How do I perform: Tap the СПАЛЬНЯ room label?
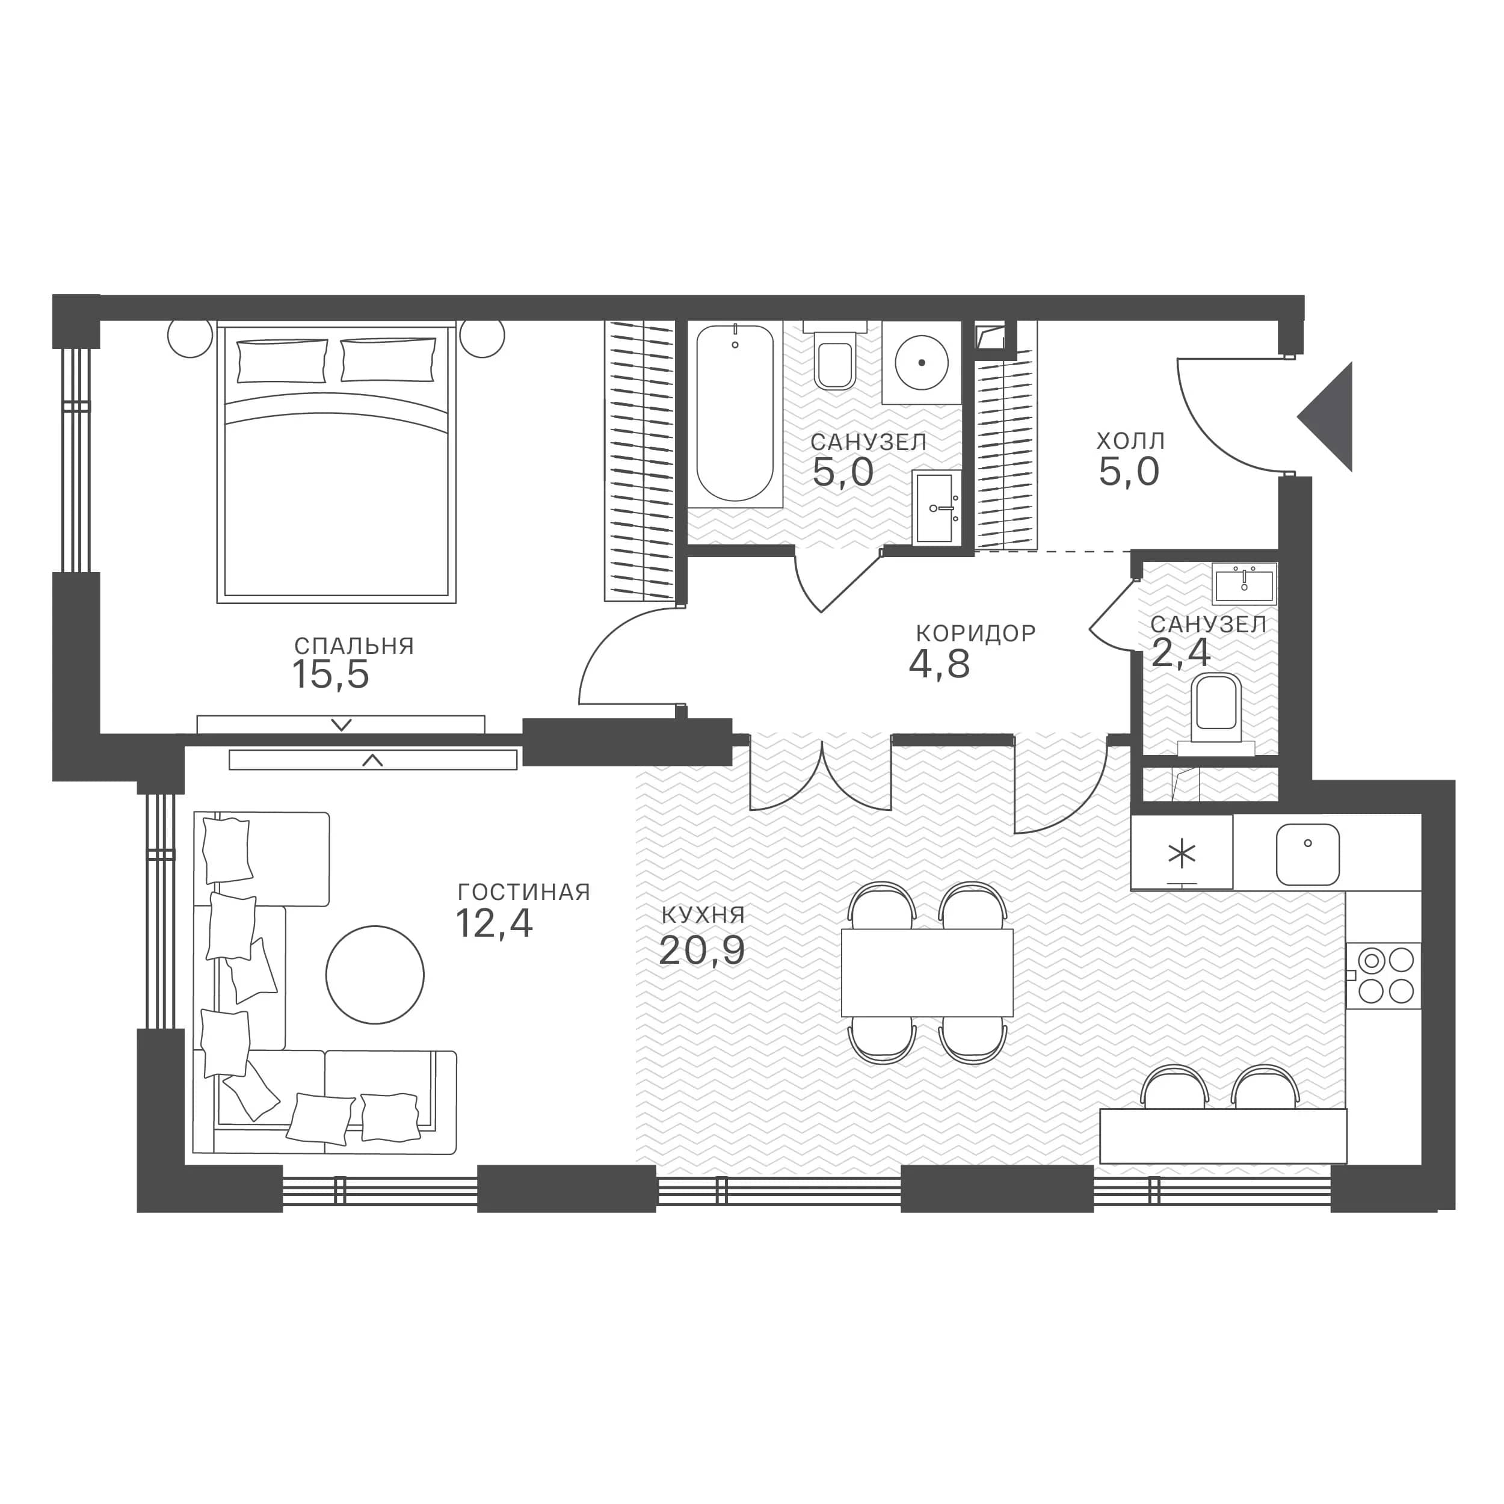[x=354, y=646]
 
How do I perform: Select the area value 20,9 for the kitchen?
[x=701, y=951]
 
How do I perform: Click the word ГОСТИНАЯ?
[x=524, y=892]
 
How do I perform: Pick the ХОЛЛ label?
[x=1131, y=442]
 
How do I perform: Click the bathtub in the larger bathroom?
[x=735, y=414]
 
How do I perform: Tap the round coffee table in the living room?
[x=375, y=975]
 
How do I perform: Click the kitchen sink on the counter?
[x=1308, y=855]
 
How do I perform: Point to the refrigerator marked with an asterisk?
[x=1182, y=852]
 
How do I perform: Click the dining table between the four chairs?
[x=928, y=972]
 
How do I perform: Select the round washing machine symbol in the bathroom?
[x=922, y=363]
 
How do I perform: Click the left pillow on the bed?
[x=282, y=360]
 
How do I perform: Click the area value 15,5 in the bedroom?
[x=331, y=675]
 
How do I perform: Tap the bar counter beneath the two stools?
[x=1223, y=1136]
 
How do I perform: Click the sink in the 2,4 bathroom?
[x=1245, y=583]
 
